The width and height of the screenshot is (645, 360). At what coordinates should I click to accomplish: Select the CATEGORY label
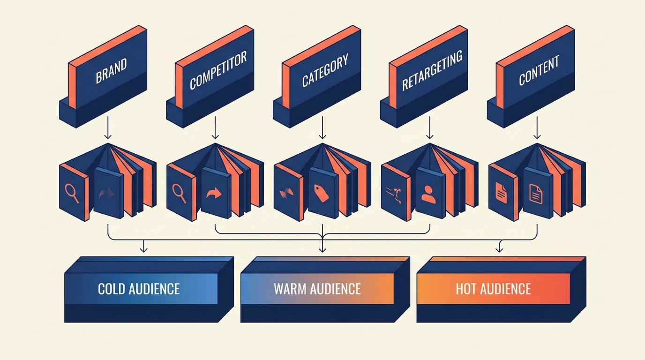[x=325, y=71]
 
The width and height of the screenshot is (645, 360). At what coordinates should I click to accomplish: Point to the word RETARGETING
[x=432, y=71]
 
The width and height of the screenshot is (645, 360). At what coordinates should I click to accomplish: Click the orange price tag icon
[x=322, y=193]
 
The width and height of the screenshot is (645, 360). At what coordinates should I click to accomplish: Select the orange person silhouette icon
[x=428, y=193]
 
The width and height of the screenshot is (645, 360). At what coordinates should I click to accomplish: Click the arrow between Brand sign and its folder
[x=108, y=127]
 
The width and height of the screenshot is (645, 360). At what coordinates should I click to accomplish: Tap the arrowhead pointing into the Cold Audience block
[x=144, y=248]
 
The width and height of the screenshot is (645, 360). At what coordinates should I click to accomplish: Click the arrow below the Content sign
[x=537, y=127]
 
